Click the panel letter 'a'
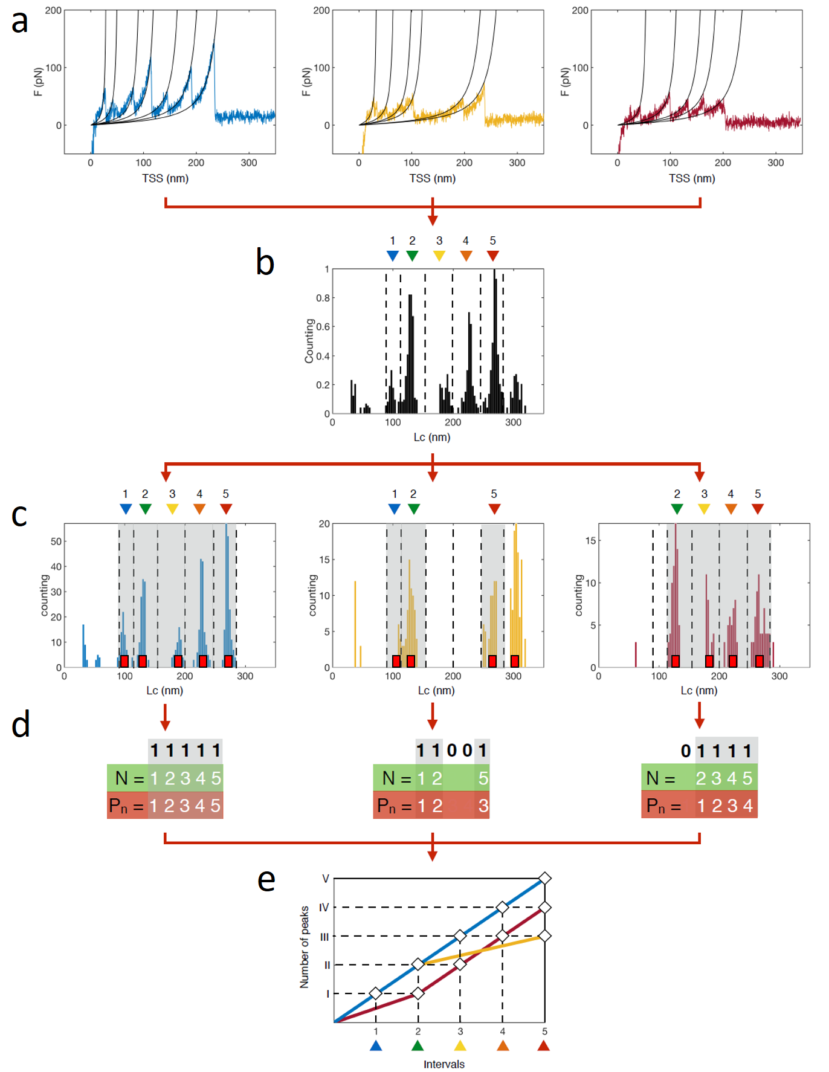tap(20, 22)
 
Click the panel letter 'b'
tap(265, 262)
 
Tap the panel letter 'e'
tap(266, 880)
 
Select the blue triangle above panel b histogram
tap(393, 256)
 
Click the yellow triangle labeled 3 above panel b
tap(439, 256)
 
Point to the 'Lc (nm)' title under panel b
tap(431, 437)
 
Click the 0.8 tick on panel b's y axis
tap(323, 298)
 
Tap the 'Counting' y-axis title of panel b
tap(309, 341)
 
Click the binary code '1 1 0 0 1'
tap(451, 751)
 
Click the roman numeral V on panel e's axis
tap(325, 879)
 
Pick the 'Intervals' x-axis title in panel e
tap(444, 1064)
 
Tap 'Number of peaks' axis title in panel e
tap(305, 946)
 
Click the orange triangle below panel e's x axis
tap(502, 1046)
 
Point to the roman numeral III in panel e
tap(324, 937)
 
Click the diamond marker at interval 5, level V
tap(544, 878)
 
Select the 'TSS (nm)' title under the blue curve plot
tap(165, 178)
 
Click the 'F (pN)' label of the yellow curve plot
tap(306, 82)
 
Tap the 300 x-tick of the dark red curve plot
tap(775, 163)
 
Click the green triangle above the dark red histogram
tap(677, 509)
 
